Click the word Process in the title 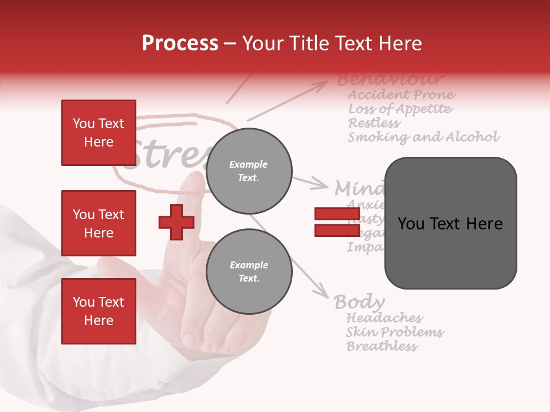[180, 43]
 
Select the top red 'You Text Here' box [99, 133]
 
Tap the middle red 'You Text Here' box [99, 223]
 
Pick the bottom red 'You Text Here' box [99, 311]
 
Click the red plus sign [176, 222]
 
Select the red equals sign [337, 222]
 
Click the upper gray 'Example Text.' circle [249, 171]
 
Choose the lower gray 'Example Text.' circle [249, 272]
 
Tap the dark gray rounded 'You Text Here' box [450, 223]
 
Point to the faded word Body [359, 302]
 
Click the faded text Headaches [384, 318]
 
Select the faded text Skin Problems [395, 332]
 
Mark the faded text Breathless [382, 346]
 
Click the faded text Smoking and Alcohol [423, 137]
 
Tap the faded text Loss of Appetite [400, 109]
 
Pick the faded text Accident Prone [402, 94]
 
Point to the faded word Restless [374, 123]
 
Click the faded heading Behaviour [390, 79]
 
